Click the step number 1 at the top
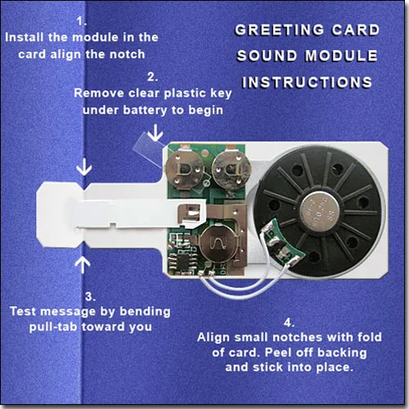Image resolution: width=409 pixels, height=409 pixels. (x=80, y=20)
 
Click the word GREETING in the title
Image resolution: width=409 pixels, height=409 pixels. (x=268, y=31)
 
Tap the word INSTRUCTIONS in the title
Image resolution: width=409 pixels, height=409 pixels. (x=307, y=83)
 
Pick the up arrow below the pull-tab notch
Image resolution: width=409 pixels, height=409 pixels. (x=83, y=262)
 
